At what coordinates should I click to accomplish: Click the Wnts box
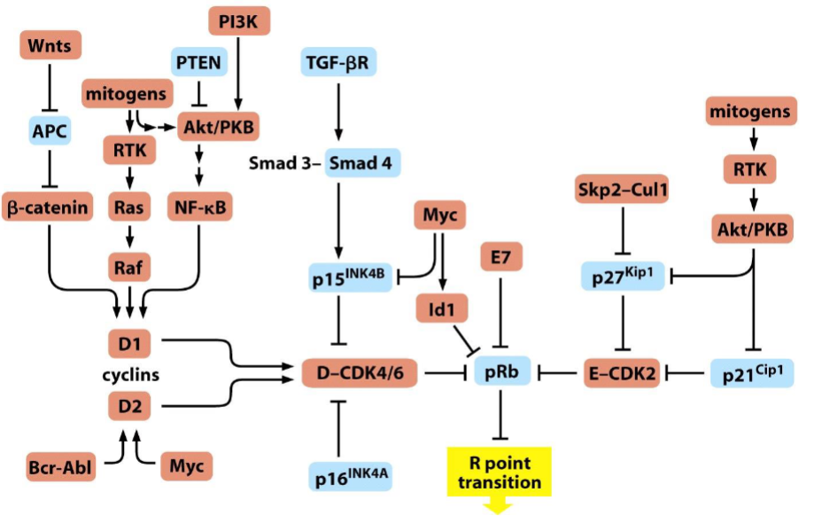click(x=50, y=45)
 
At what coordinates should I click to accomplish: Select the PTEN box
click(x=198, y=62)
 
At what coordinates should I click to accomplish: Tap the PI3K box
click(x=239, y=21)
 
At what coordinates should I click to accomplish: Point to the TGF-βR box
click(x=338, y=62)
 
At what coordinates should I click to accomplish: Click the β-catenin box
click(x=47, y=207)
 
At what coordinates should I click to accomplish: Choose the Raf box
click(x=129, y=267)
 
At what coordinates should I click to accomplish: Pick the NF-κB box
click(x=200, y=207)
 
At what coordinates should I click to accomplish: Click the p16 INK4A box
click(x=351, y=476)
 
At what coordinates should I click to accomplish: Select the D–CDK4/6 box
click(x=360, y=372)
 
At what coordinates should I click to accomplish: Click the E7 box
click(x=501, y=256)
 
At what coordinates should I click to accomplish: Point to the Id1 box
click(x=442, y=309)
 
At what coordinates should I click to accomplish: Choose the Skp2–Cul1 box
click(x=623, y=189)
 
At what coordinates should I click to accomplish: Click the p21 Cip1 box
click(x=752, y=373)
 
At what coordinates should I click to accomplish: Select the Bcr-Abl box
click(x=61, y=466)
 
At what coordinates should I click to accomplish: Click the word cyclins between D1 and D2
click(x=131, y=375)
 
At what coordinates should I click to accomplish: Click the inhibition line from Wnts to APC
click(x=50, y=88)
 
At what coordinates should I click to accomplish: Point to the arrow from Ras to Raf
click(x=130, y=237)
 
